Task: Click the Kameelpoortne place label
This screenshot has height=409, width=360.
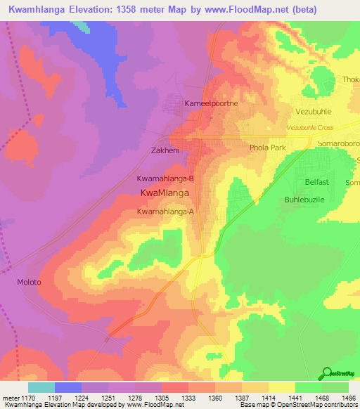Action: coord(212,103)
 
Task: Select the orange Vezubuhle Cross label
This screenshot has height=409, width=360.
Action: coord(319,127)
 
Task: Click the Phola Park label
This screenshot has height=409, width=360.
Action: coord(268,148)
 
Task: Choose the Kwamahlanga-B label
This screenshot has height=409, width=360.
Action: coord(165,178)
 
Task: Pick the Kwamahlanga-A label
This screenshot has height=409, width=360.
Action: coord(165,212)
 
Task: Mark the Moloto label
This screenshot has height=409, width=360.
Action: coord(29,283)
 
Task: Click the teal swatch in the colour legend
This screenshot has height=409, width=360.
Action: coord(41,387)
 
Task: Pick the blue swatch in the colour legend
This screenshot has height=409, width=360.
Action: coord(68,387)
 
